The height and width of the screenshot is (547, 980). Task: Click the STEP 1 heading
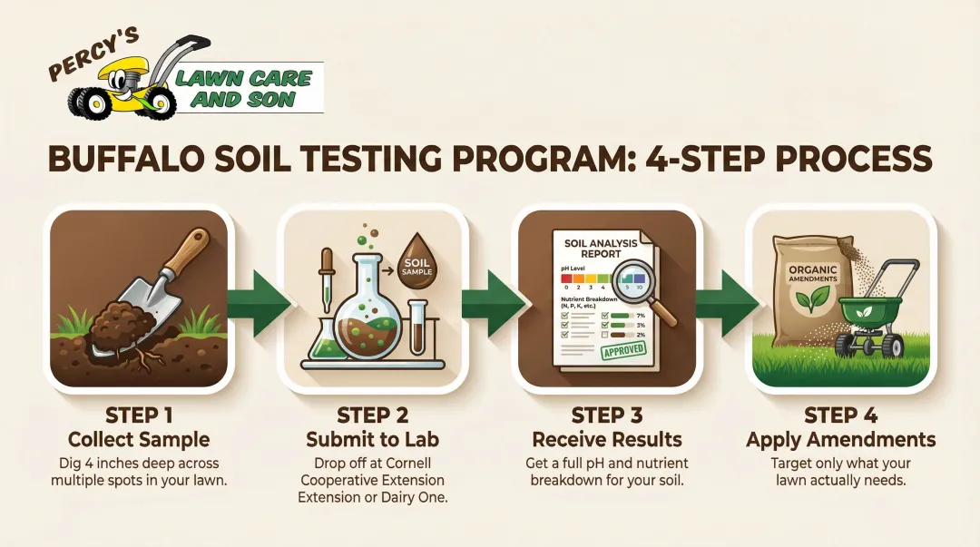click(x=140, y=416)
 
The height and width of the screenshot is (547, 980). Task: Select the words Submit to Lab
click(x=373, y=441)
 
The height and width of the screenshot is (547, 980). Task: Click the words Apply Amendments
click(x=840, y=441)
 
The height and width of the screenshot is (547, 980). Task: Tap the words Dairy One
click(x=413, y=498)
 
